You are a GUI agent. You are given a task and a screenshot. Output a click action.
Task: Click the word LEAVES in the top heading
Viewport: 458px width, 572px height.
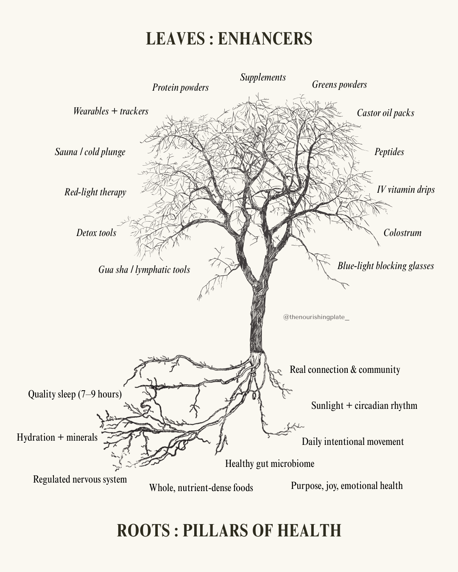point(176,39)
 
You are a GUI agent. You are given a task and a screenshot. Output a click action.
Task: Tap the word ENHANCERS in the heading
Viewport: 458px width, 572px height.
point(265,39)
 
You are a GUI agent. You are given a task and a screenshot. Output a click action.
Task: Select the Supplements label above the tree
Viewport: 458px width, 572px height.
point(263,78)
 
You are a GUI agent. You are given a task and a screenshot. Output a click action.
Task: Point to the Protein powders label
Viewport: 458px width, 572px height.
point(180,88)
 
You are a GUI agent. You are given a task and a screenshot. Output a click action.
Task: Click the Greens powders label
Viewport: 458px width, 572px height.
point(340,85)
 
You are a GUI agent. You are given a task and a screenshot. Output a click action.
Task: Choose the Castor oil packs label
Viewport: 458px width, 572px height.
point(385,113)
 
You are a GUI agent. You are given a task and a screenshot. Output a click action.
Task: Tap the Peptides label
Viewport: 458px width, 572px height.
point(389,152)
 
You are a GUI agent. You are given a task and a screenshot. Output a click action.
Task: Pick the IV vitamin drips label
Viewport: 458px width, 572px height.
point(406,190)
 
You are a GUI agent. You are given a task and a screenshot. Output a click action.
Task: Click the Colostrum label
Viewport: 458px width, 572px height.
point(402,233)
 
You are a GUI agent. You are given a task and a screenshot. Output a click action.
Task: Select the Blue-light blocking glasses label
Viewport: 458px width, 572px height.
point(386,266)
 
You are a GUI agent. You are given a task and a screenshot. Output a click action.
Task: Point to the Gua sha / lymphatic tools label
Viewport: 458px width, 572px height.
point(144,270)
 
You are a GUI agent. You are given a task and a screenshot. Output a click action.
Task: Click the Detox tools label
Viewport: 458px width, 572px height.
point(96,233)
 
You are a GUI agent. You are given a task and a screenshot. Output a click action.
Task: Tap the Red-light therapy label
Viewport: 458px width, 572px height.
point(95,192)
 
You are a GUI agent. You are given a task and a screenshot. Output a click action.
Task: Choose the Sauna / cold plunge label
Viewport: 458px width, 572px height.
point(90,152)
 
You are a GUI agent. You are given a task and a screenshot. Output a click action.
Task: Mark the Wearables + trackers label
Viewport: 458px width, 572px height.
point(111,111)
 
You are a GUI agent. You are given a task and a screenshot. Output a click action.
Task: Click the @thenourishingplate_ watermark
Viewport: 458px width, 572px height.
point(316,317)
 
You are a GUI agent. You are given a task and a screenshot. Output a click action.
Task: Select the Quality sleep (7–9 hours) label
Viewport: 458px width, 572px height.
point(75,394)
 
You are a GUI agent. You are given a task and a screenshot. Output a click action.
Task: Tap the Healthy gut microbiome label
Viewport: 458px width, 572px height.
point(270,464)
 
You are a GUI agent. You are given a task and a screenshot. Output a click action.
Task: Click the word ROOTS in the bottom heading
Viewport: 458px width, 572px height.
point(143,530)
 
